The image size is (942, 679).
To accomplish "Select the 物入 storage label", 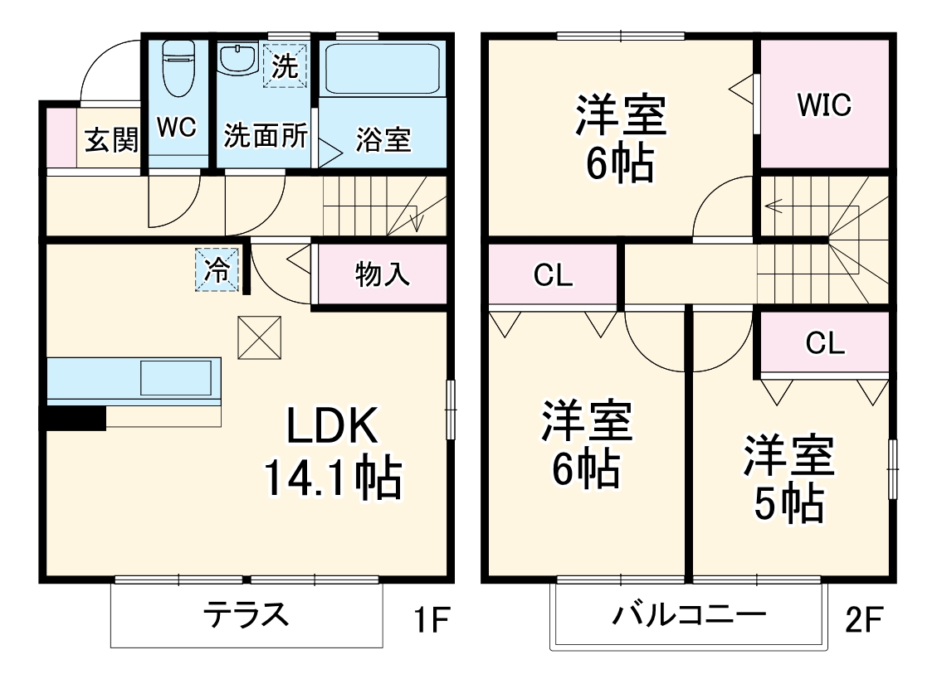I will tap(382, 274).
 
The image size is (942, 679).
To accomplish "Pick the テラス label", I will tap(246, 616).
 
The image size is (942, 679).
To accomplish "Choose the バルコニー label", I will tap(689, 616).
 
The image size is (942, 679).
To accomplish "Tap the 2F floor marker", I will tap(864, 620).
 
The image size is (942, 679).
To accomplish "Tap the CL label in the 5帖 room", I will tap(824, 342).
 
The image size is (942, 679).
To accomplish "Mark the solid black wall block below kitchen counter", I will tap(75, 419).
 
